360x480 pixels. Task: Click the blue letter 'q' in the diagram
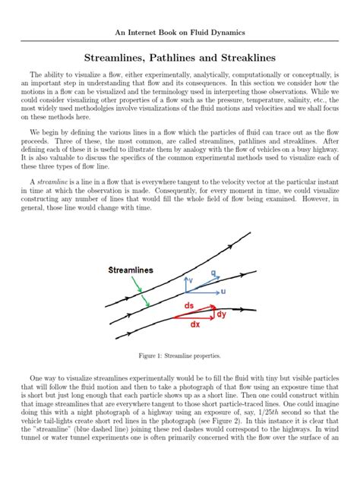[x=213, y=272]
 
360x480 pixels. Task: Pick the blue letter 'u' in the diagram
[x=224, y=291]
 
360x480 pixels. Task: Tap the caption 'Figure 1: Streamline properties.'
[x=180, y=355]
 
